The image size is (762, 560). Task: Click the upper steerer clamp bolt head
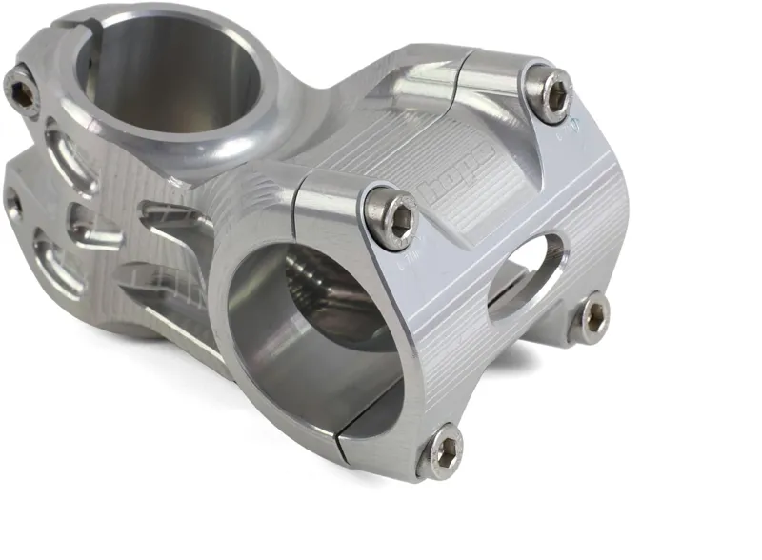click(21, 91)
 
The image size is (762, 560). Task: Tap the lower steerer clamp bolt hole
click(13, 202)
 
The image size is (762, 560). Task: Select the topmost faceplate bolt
click(549, 92)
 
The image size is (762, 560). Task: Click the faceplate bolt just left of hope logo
click(392, 218)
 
